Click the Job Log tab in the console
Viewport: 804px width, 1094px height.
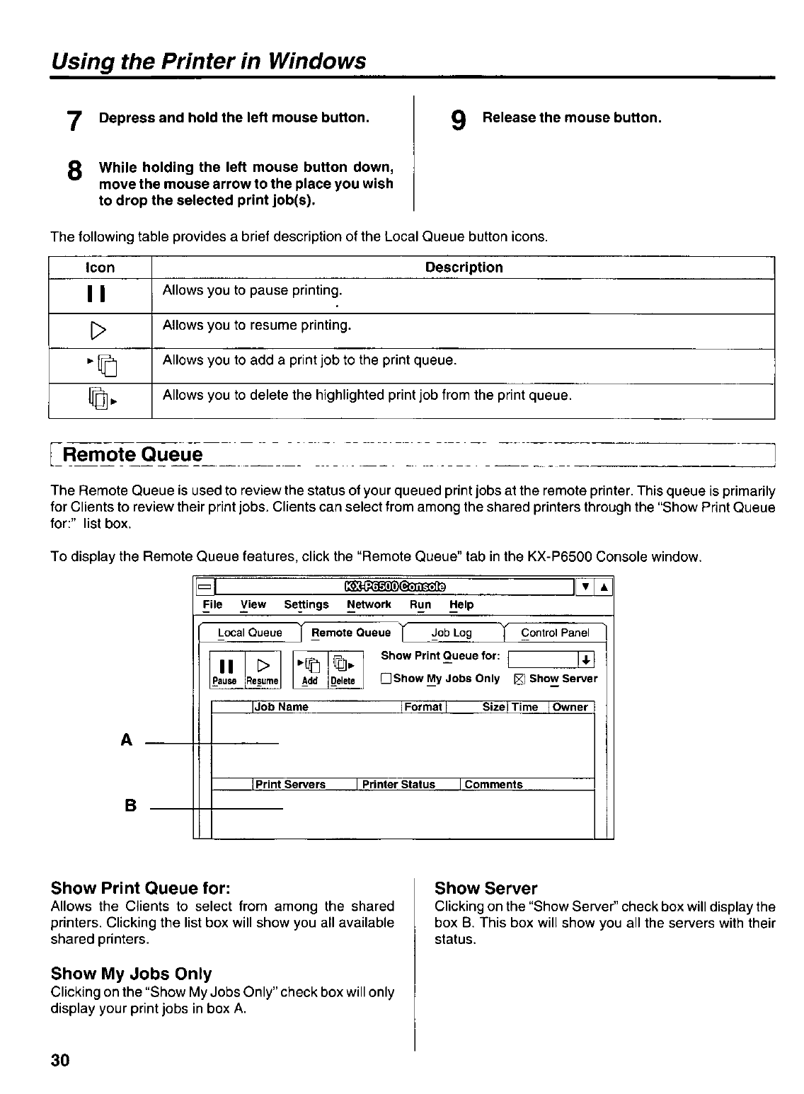click(452, 633)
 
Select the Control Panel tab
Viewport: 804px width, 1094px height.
click(555, 633)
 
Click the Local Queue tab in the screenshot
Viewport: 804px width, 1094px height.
click(250, 633)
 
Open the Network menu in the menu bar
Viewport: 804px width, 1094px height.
click(369, 605)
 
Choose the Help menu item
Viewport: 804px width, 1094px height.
click(461, 605)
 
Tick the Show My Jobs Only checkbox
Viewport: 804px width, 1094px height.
click(386, 679)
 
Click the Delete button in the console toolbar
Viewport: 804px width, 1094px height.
click(342, 669)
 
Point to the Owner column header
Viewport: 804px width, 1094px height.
click(570, 707)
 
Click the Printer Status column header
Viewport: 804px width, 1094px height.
click(398, 784)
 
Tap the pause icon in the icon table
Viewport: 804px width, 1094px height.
click(98, 294)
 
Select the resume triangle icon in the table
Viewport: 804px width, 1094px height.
click(98, 330)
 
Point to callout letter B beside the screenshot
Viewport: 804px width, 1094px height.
click(130, 805)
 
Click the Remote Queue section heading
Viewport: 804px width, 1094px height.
click(133, 454)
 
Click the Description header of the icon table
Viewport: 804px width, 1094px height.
click(464, 267)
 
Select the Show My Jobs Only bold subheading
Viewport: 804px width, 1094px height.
click(131, 974)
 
